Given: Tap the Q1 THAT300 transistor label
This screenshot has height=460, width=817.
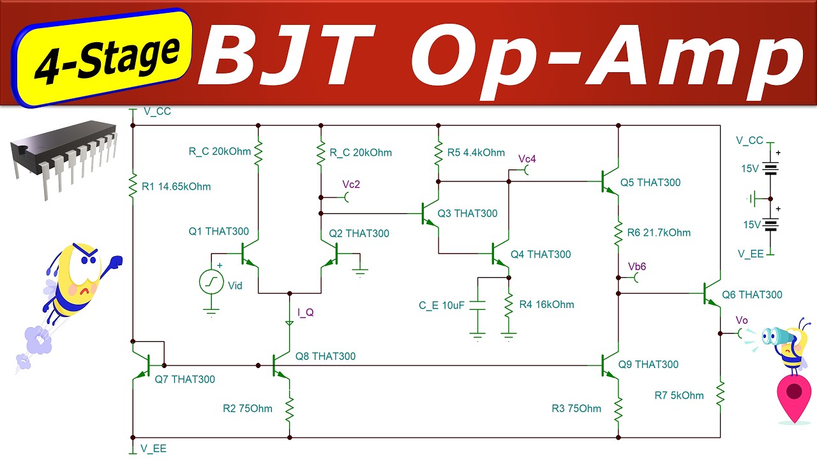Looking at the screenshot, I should (x=218, y=232).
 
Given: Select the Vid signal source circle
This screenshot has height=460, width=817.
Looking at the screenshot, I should (x=211, y=282).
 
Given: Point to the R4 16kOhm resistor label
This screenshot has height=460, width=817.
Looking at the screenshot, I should (x=546, y=305).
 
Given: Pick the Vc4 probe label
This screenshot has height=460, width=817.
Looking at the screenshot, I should (x=527, y=158).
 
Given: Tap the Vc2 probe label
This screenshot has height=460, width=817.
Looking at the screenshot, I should (x=351, y=185).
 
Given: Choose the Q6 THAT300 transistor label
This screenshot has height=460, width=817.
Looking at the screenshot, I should (x=752, y=295).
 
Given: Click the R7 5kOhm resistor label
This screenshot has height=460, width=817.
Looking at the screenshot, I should (x=679, y=395).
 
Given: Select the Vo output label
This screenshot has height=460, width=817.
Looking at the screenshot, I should (x=741, y=320).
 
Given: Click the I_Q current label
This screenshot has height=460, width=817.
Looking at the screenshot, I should (x=306, y=312).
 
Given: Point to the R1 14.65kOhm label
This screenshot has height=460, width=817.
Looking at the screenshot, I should (x=176, y=187).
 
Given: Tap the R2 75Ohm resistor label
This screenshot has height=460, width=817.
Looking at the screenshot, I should (x=247, y=409).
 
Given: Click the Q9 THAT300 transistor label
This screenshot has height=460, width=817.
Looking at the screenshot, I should (x=648, y=365).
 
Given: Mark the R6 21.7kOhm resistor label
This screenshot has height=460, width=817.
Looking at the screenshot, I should (x=659, y=233).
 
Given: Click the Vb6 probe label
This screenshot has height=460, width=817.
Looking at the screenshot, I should (x=637, y=266).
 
